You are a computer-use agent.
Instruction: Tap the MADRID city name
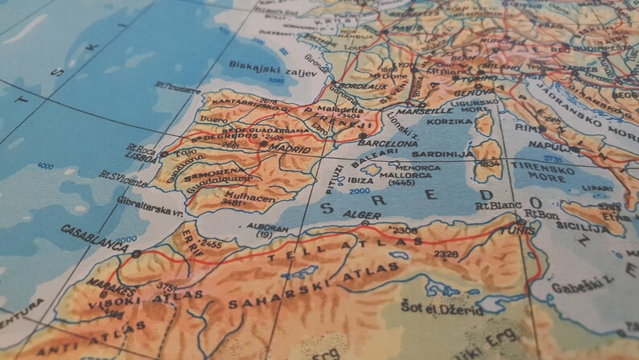coord(291,150)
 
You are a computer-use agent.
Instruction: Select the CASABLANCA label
coord(93,236)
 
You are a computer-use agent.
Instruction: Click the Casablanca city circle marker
coord(136,253)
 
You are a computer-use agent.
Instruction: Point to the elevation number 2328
coord(446,254)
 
